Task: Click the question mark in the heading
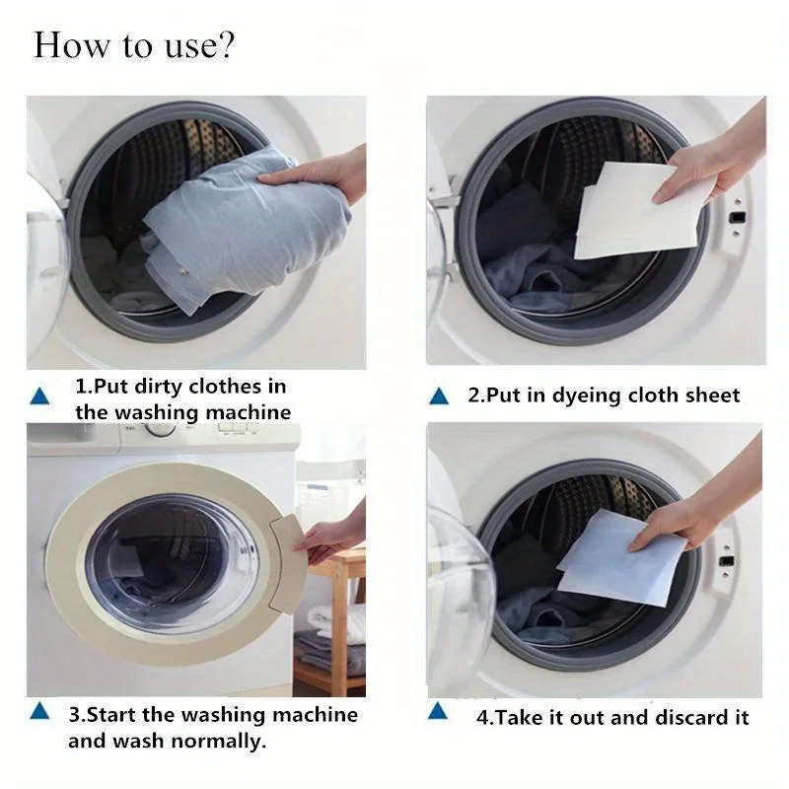[x=225, y=46]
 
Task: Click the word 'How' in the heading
[x=65, y=46]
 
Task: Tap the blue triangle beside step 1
[x=39, y=396]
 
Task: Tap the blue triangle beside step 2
[x=440, y=396]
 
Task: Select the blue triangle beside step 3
[x=39, y=711]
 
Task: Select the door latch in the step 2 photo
[x=736, y=214]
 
